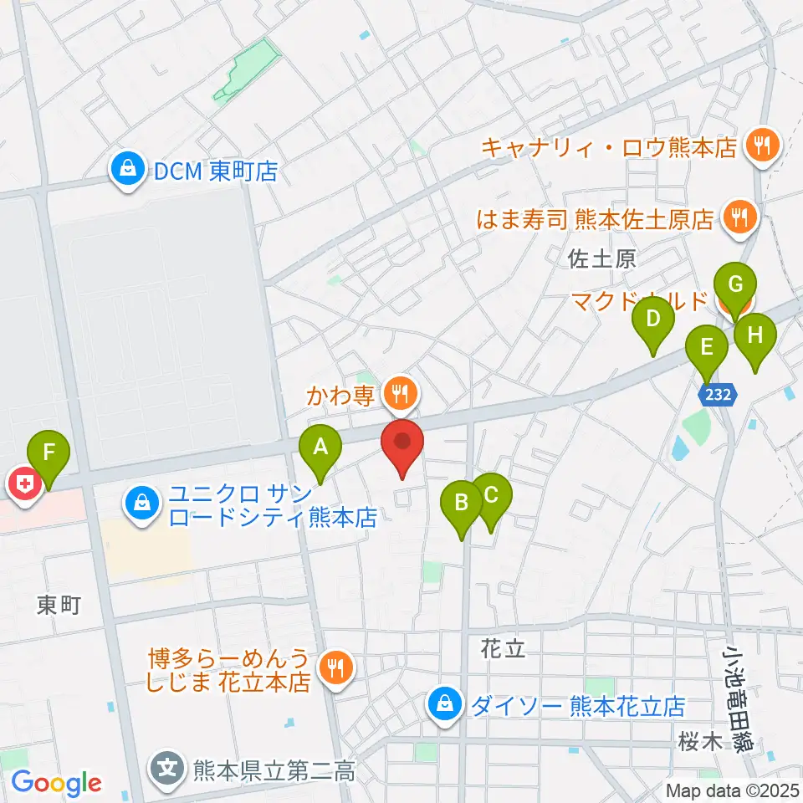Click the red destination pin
pyautogui.click(x=402, y=441)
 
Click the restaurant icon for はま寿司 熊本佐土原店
pyautogui.click(x=739, y=218)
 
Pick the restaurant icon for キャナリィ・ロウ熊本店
pyautogui.click(x=762, y=146)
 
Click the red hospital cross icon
pyautogui.click(x=24, y=485)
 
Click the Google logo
pyautogui.click(x=56, y=783)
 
